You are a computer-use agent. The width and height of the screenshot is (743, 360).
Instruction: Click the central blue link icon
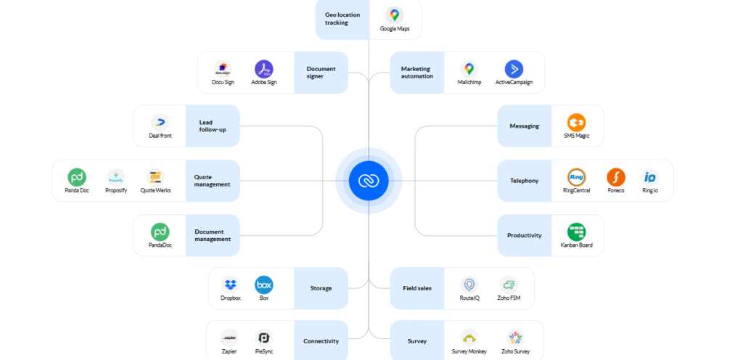pyautogui.click(x=369, y=181)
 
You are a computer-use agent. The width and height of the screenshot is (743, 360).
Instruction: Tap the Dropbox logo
pyautogui.click(x=231, y=285)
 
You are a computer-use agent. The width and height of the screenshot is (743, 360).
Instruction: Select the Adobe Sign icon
pyautogui.click(x=263, y=69)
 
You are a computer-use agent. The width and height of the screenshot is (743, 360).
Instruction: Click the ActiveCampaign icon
pyautogui.click(x=514, y=69)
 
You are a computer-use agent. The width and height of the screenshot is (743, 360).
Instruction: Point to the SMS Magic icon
pyautogui.click(x=577, y=123)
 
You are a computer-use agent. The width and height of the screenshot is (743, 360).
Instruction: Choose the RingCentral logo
pyautogui.click(x=577, y=177)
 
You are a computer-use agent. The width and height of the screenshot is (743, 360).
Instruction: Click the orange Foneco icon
pyautogui.click(x=616, y=177)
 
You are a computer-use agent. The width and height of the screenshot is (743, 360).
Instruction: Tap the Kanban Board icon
pyautogui.click(x=577, y=232)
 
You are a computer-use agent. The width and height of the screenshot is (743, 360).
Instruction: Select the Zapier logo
pyautogui.click(x=229, y=337)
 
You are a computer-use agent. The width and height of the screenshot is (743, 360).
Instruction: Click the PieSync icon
pyautogui.click(x=264, y=337)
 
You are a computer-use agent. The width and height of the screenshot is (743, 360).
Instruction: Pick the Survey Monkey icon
pyautogui.click(x=469, y=337)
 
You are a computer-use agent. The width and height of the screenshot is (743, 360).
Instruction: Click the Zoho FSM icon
pyautogui.click(x=508, y=285)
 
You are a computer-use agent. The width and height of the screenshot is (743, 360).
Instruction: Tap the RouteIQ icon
pyautogui.click(x=469, y=285)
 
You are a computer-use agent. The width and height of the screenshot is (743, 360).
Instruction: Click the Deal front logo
pyautogui.click(x=160, y=123)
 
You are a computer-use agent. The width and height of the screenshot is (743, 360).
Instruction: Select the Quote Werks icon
pyautogui.click(x=154, y=177)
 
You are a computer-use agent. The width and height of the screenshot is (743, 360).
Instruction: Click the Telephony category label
pyautogui.click(x=525, y=181)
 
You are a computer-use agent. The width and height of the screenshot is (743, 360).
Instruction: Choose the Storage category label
pyautogui.click(x=321, y=288)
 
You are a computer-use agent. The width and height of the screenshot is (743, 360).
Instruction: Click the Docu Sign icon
pyautogui.click(x=223, y=69)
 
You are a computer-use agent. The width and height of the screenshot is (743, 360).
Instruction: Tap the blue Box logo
pyautogui.click(x=263, y=285)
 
